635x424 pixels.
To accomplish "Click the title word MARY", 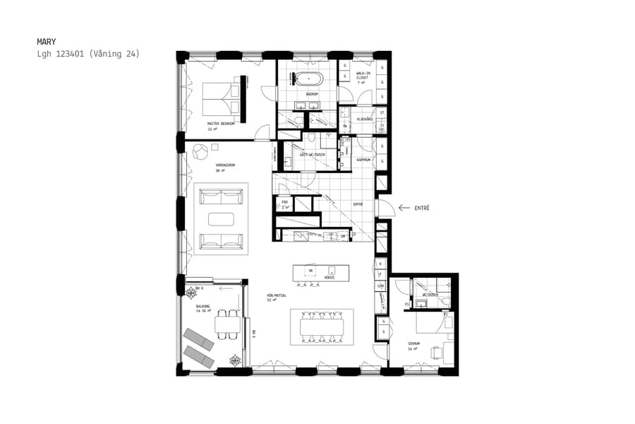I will point(46,42).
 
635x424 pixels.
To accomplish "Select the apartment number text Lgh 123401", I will point(61,53).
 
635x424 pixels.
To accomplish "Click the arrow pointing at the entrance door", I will point(404,208).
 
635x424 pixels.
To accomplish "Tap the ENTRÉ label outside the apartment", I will point(422,208).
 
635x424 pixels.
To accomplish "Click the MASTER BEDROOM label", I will point(221,123).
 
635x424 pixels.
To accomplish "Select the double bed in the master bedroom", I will point(222,99).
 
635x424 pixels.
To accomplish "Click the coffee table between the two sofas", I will point(222,218).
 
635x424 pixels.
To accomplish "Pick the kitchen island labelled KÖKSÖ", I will point(321,273).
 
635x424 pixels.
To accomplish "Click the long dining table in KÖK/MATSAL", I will point(322,326).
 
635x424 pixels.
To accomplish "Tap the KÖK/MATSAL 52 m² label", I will point(274,297).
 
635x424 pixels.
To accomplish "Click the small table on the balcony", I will point(227,325).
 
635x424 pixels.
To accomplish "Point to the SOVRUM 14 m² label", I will point(413,346).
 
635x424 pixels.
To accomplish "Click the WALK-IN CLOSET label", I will point(364,76).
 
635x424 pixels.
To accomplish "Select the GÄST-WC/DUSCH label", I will point(311,154).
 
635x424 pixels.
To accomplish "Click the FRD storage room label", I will point(284,204).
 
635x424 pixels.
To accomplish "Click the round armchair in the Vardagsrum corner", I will point(200,150).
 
